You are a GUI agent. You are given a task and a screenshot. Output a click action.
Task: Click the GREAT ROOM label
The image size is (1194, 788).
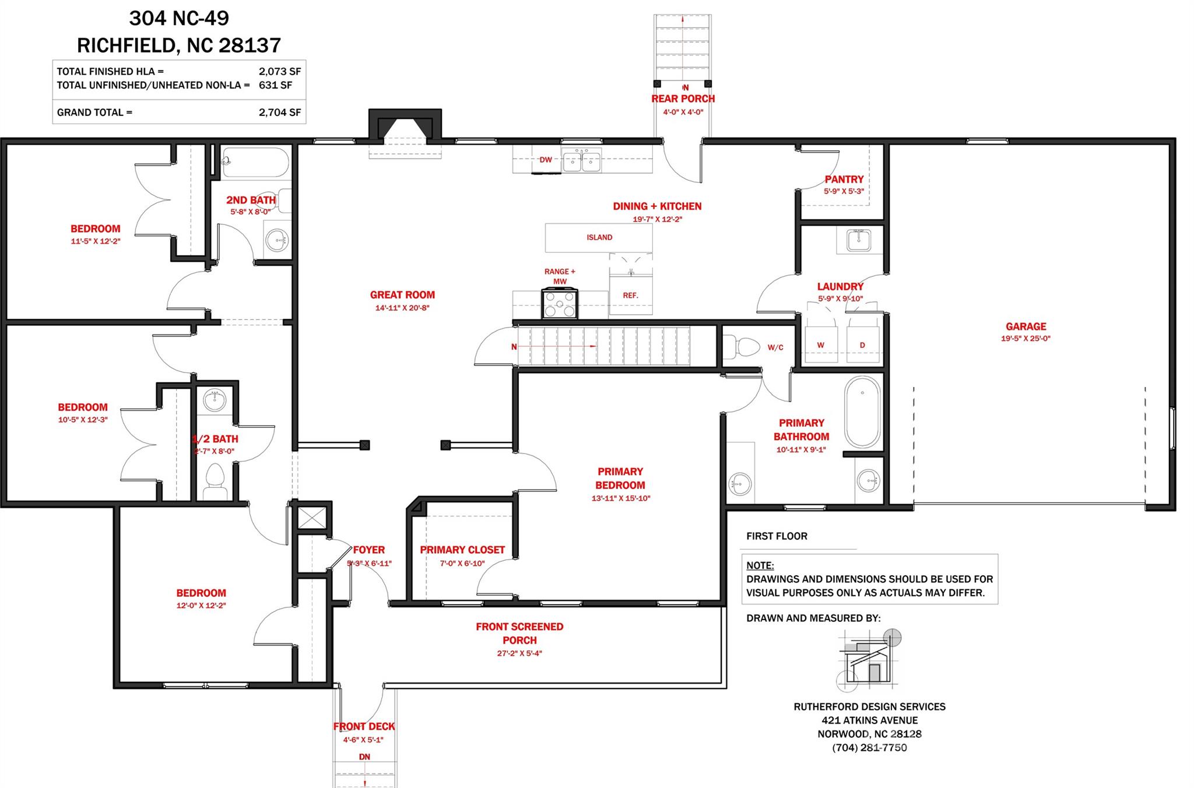pos(402,295)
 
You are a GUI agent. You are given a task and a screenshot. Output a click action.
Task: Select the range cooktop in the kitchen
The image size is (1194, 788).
pos(560,304)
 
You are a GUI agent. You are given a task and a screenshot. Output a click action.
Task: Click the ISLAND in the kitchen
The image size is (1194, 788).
pos(599,238)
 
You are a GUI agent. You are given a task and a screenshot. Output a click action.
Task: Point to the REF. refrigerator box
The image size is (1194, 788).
pos(630,295)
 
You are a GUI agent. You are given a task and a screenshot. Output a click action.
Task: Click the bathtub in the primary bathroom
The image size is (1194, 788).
pos(862,411)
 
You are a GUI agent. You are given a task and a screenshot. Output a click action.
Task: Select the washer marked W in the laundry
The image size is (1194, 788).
pos(820,345)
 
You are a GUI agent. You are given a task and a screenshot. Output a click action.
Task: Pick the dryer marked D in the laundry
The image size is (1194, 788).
pos(862,345)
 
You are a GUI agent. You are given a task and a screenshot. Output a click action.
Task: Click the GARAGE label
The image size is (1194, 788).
pos(1026,326)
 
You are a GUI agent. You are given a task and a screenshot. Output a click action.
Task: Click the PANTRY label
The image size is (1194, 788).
pos(844,180)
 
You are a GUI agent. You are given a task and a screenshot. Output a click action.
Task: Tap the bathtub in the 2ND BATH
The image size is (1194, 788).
pos(256,162)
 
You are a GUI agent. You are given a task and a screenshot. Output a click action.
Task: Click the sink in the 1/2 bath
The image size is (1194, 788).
pos(215,400)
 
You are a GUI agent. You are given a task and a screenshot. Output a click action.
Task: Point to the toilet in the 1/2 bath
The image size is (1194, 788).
pos(215,481)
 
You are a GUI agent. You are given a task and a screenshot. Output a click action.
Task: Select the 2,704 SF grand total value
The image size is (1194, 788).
pos(280,112)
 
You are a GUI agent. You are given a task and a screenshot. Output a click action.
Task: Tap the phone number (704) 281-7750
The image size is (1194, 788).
pos(869,748)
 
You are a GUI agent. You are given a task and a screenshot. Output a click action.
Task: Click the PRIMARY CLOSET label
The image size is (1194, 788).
pos(462,550)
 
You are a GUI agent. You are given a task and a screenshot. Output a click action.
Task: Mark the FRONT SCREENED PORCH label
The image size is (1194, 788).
pos(519,634)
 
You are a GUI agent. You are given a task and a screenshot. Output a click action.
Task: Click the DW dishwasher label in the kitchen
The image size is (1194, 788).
pos(545,160)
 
